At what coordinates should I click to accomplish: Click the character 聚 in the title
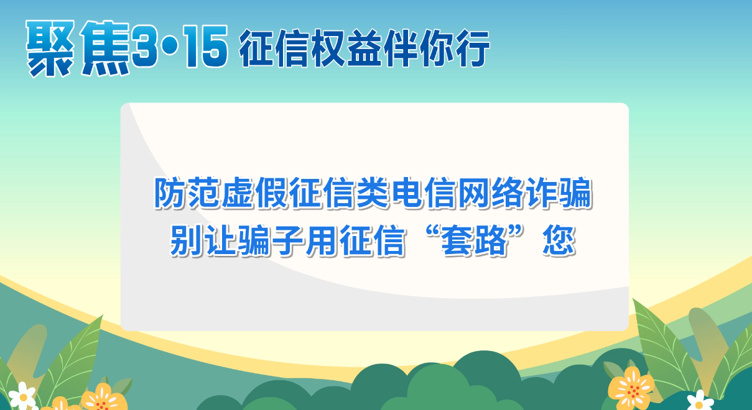[51, 48]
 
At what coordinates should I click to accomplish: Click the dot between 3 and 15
[170, 48]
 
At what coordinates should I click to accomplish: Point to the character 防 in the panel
[170, 193]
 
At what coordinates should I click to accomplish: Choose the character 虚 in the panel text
[237, 193]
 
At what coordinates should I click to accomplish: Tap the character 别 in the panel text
[187, 240]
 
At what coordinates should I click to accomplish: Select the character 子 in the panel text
[287, 240]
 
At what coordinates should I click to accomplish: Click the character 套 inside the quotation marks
[457, 240]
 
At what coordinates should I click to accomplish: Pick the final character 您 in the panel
[559, 240]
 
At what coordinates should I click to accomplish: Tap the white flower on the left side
[22, 396]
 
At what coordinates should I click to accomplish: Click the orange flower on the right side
[631, 388]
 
